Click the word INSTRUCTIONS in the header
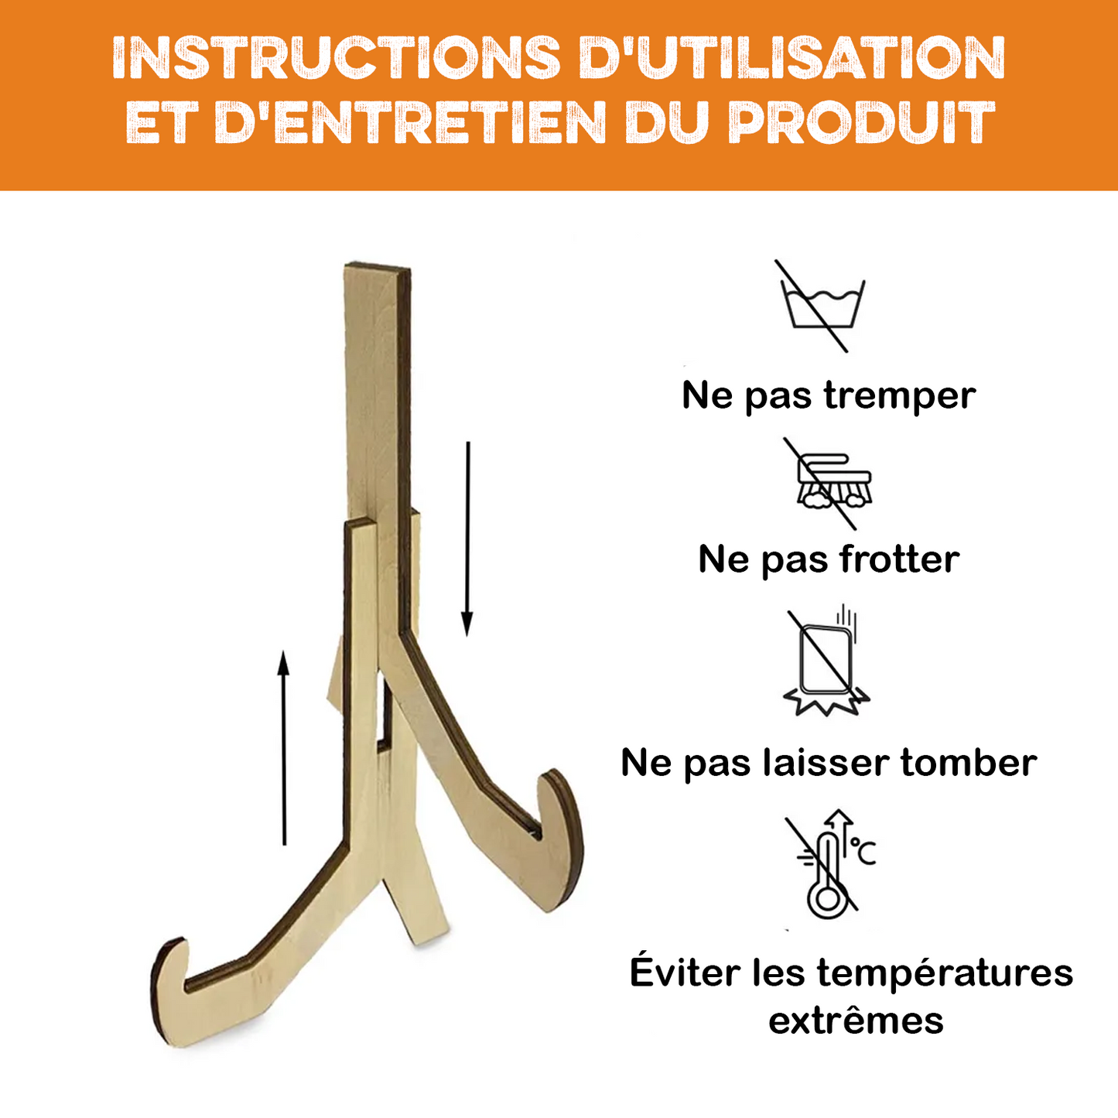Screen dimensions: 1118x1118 point(335,58)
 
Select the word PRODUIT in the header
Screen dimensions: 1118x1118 point(861,122)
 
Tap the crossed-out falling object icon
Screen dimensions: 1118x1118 point(827,663)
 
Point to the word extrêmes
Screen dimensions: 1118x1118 point(856,1022)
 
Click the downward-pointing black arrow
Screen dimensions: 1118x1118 point(467,539)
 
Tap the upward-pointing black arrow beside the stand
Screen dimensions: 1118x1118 point(284,748)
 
